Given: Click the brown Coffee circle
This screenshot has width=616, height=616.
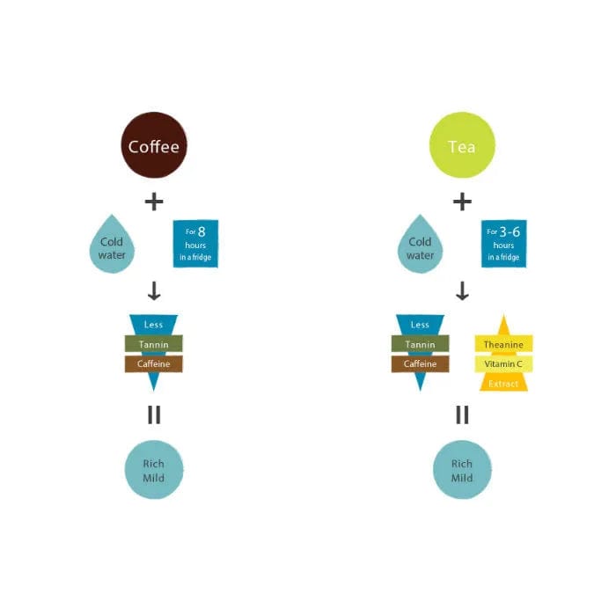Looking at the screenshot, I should (154, 146).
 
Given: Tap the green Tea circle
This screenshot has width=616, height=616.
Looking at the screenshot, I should (462, 146).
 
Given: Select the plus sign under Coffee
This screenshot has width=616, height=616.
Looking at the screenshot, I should (154, 202).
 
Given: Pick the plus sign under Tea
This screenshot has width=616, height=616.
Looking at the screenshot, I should (462, 202).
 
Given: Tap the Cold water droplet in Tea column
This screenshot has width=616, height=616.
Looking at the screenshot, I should (421, 246).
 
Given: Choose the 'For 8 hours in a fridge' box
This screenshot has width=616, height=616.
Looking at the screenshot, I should (194, 244).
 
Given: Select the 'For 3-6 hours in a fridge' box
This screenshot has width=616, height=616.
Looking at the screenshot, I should (502, 244).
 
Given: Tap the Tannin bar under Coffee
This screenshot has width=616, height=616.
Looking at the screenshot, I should (154, 344).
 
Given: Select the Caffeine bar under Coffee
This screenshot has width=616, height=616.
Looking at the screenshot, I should (154, 363).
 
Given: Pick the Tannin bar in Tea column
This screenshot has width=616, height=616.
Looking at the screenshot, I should (421, 344).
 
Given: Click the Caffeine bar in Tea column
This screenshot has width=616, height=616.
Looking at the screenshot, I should (421, 363).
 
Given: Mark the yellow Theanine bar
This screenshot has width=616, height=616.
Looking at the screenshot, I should (503, 344).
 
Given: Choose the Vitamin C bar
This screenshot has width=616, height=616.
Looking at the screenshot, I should (503, 363).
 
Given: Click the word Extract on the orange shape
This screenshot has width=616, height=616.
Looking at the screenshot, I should (503, 384).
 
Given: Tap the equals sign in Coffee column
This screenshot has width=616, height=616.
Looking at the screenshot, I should (154, 414).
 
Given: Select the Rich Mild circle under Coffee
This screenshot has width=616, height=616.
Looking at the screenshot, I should (154, 470).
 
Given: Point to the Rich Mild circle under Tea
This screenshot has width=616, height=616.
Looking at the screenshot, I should (462, 470).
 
